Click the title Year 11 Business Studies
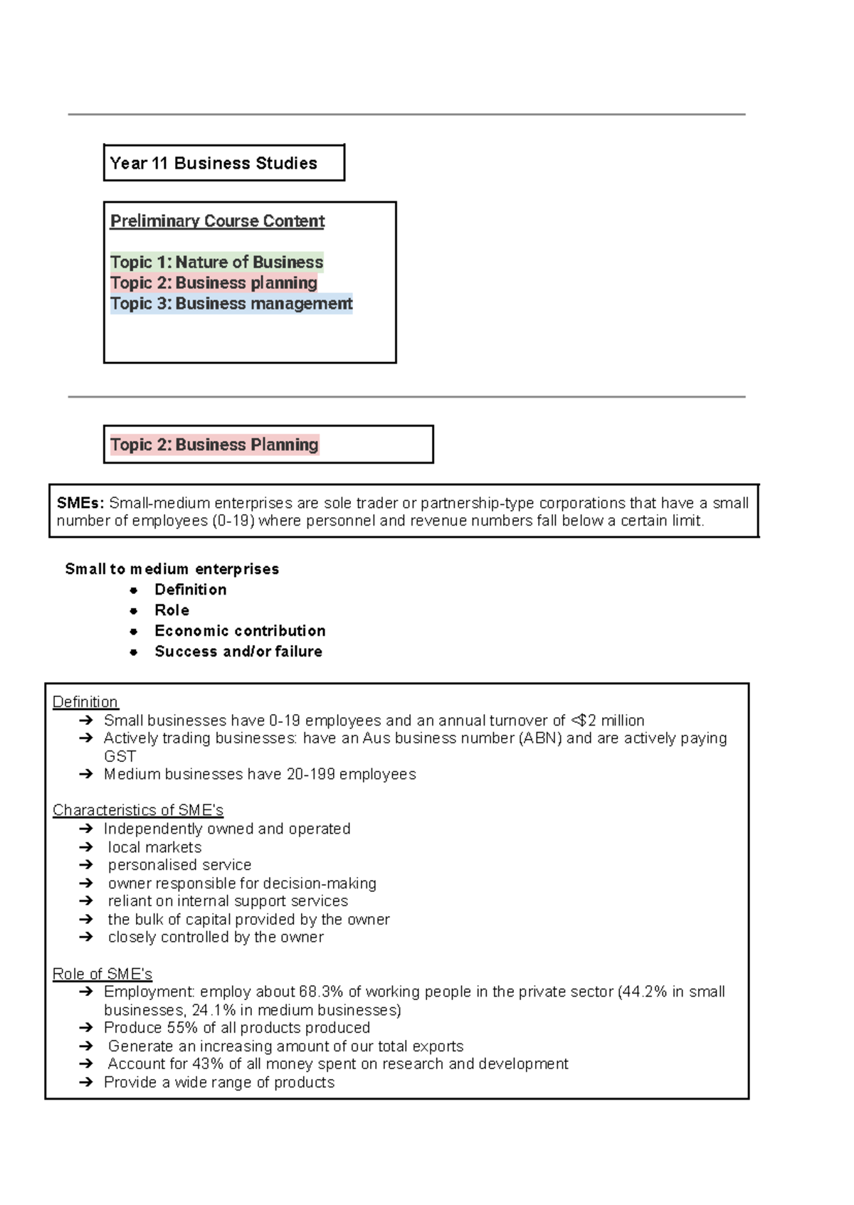(213, 164)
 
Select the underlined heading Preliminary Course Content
(217, 221)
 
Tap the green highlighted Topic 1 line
(216, 262)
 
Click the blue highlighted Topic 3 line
(231, 304)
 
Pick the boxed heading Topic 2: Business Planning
(213, 445)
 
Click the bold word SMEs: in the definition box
(80, 503)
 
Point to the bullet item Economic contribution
(240, 631)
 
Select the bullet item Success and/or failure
(238, 652)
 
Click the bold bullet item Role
(172, 610)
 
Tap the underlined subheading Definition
(85, 702)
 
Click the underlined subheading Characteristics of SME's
(137, 810)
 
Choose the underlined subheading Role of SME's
(102, 974)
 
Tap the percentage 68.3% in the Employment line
(322, 992)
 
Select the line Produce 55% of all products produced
(236, 1028)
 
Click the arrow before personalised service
(86, 865)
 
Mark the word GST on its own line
(120, 756)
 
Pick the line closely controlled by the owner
(216, 938)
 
